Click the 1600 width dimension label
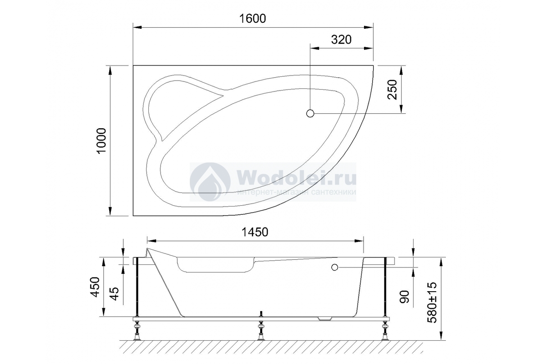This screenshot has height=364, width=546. pyautogui.click(x=252, y=19)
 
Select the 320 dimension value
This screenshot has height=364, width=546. pyautogui.click(x=341, y=40)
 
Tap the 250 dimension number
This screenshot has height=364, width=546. pyautogui.click(x=392, y=90)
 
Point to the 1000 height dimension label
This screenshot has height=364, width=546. pyautogui.click(x=101, y=141)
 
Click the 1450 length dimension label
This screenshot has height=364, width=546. pyautogui.click(x=255, y=232)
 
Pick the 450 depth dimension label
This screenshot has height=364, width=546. pyautogui.click(x=95, y=287)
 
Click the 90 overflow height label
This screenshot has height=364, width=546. pyautogui.click(x=404, y=297)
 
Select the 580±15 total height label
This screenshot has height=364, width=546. pyautogui.click(x=432, y=302)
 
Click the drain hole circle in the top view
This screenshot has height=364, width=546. pyautogui.click(x=310, y=113)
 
